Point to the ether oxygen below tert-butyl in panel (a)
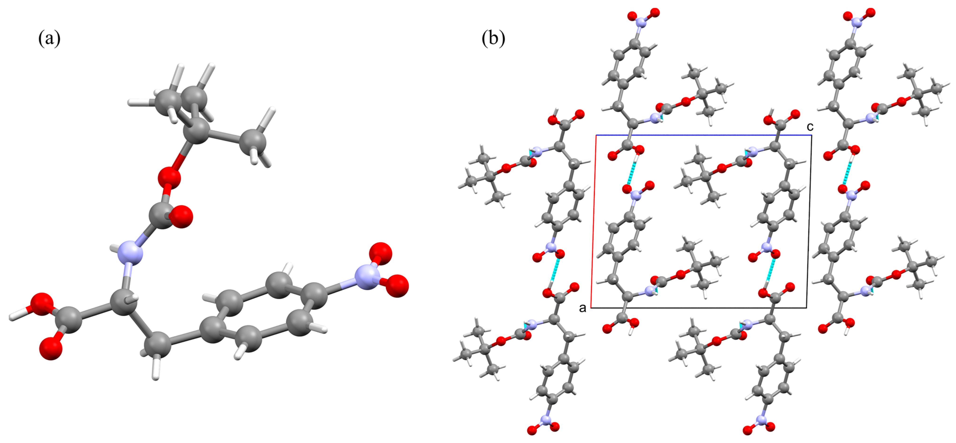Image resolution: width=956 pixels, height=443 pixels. tap(169, 177)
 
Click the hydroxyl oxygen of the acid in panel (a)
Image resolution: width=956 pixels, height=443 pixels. tap(42, 304)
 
